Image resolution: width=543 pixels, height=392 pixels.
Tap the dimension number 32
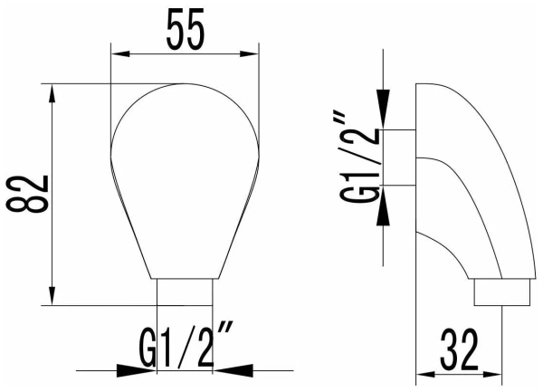tap(459, 349)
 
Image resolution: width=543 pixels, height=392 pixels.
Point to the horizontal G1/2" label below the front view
tap(186, 348)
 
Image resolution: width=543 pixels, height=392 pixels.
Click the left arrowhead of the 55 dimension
tap(117, 53)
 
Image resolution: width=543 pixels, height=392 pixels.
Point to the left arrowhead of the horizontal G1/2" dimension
tap(150, 369)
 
